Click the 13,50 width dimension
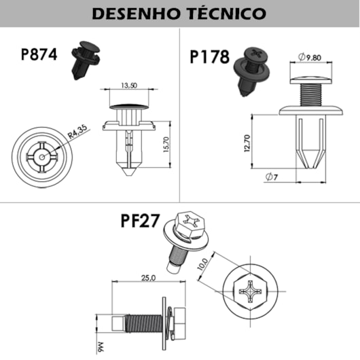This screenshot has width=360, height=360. pos(129,86)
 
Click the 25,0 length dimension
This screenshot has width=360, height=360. pos(149,278)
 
